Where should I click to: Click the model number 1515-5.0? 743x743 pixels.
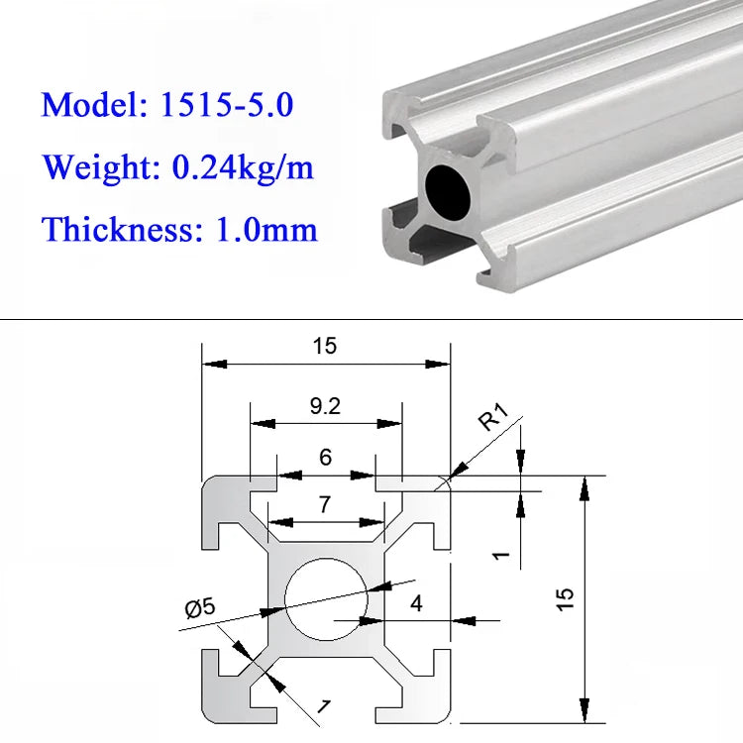[x=227, y=104]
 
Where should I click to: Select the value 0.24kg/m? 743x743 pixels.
[x=243, y=167]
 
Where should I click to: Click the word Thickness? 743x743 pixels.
[x=118, y=230]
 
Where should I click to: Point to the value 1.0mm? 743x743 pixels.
[x=266, y=230]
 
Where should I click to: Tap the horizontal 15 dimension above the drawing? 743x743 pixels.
[x=325, y=346]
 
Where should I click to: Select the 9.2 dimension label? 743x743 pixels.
[x=325, y=406]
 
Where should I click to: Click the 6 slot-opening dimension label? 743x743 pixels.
[x=326, y=457]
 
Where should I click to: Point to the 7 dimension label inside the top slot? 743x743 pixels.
[x=325, y=504]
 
